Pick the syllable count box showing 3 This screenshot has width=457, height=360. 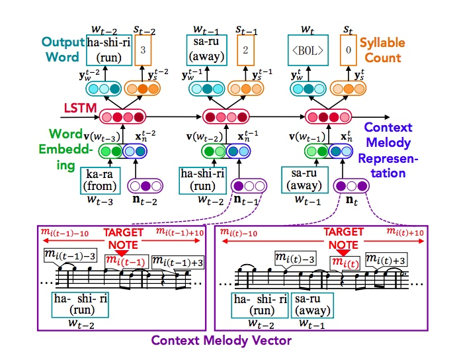pos(143,50)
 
